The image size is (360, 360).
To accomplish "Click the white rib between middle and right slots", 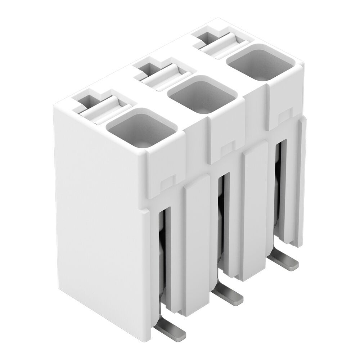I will pos(254,212).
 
